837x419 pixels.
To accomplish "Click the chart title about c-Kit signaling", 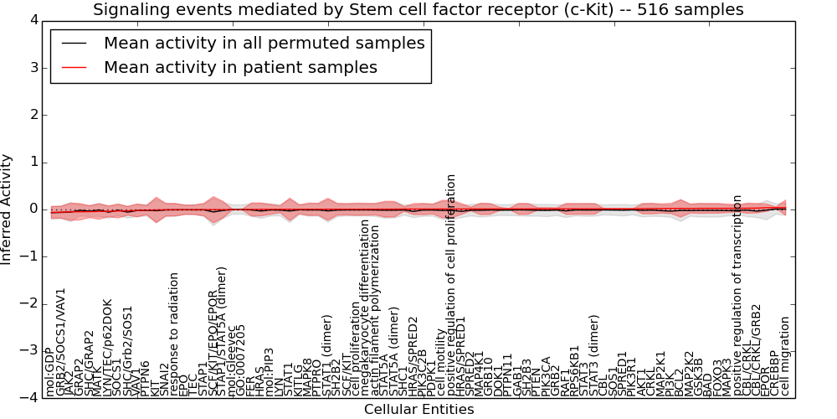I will click(418, 10).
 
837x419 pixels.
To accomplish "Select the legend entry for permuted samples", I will click(264, 43).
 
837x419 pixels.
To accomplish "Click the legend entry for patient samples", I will click(240, 67).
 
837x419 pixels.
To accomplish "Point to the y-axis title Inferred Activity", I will click(8, 209).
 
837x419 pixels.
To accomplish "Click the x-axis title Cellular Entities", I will click(418, 409).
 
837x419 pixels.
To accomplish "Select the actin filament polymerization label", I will click(376, 310).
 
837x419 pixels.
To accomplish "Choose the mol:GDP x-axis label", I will click(52, 374).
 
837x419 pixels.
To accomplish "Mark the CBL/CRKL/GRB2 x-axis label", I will click(756, 349).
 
